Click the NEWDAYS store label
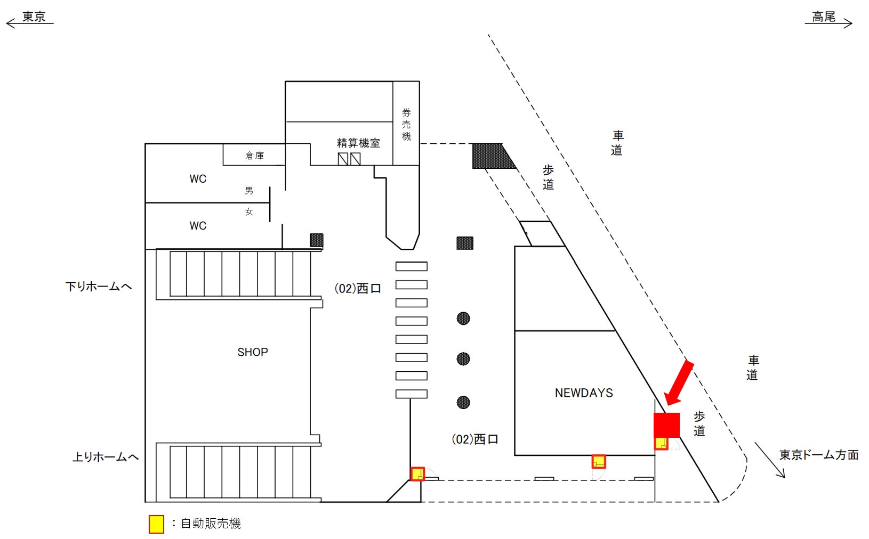(584, 393)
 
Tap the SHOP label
(253, 352)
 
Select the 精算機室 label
(358, 143)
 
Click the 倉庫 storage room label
(254, 156)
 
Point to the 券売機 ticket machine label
(406, 125)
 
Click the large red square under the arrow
(666, 425)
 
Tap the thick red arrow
(678, 383)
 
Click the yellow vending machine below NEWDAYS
(599, 461)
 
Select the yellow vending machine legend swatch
(156, 524)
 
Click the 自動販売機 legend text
(211, 524)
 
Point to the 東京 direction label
(34, 17)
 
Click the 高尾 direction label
(823, 17)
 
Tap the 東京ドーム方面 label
(819, 455)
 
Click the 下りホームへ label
(99, 287)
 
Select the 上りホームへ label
(106, 457)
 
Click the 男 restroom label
(249, 190)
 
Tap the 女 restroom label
(249, 211)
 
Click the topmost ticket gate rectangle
(411, 266)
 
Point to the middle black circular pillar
(463, 358)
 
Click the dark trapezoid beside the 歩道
(492, 156)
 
